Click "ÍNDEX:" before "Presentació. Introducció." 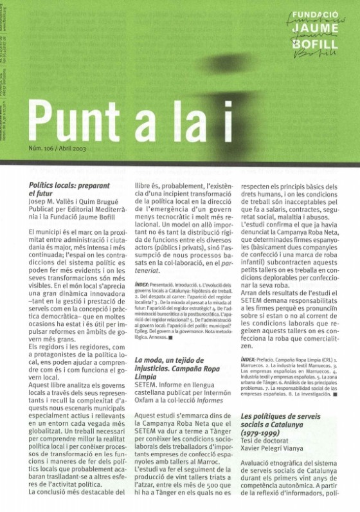(x=144, y=283)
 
